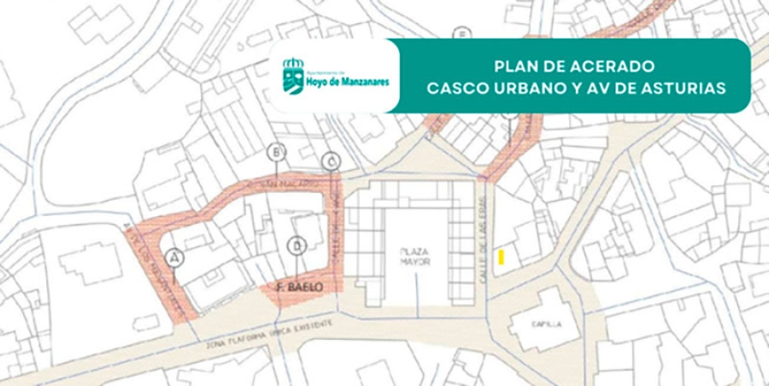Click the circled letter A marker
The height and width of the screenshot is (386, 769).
[x=176, y=256]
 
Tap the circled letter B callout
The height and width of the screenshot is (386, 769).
[x=276, y=153]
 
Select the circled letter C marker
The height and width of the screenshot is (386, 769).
[x=332, y=161]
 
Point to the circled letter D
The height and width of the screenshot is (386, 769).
[x=296, y=246]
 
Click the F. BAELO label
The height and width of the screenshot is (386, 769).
[x=301, y=289]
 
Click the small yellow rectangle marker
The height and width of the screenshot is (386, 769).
[x=502, y=256]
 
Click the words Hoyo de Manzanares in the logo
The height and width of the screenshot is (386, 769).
[x=349, y=82]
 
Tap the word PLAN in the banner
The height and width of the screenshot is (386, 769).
[x=514, y=66]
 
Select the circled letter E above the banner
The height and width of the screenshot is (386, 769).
[x=463, y=34]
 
